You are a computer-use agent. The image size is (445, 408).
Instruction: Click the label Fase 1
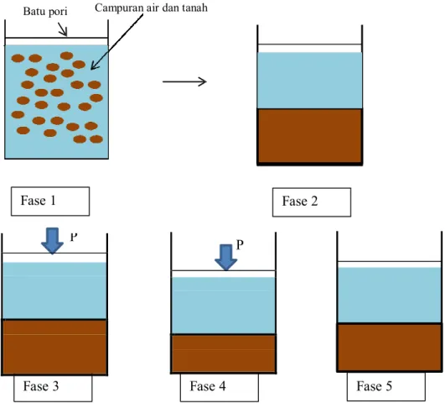38,201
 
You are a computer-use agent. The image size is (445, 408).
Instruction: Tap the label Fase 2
300,201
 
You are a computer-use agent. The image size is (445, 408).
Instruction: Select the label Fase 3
41,386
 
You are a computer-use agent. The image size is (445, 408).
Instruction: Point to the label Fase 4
208,386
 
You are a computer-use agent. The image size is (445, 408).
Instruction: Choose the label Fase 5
374,386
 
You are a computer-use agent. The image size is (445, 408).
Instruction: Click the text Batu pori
45,12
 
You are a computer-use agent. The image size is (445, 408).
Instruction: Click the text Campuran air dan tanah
151,8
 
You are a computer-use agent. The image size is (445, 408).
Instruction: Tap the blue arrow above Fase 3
52,241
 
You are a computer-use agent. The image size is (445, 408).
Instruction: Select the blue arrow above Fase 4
226,258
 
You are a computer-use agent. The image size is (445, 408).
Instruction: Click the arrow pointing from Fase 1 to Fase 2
184,82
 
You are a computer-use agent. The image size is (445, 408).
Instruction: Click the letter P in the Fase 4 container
240,244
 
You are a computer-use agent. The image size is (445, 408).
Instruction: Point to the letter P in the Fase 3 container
74,237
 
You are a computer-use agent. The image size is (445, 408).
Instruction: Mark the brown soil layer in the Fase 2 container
309,136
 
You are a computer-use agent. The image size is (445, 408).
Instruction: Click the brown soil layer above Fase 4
224,353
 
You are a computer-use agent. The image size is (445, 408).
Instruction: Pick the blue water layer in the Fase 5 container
390,296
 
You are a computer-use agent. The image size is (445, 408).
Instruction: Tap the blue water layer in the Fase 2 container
309,81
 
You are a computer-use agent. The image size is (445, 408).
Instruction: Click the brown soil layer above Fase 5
390,347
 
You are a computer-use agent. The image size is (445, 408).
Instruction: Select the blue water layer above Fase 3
54,290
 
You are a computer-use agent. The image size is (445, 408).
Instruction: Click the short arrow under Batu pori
63,29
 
